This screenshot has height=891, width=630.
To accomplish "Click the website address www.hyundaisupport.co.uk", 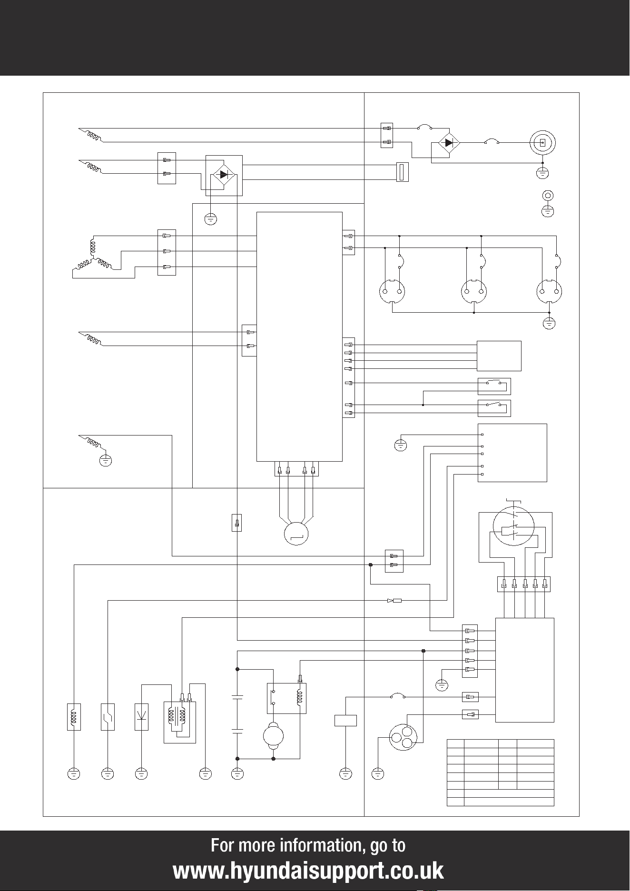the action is click(308, 871).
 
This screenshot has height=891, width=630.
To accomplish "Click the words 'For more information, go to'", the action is click(308, 845).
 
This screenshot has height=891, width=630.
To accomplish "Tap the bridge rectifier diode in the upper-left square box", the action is click(224, 175).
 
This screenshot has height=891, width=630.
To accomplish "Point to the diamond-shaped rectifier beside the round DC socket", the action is click(449, 142).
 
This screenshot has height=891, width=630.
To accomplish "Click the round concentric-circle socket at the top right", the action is click(542, 142).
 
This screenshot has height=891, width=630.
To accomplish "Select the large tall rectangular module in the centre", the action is click(299, 337).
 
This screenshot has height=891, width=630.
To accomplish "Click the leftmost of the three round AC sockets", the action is click(392, 291).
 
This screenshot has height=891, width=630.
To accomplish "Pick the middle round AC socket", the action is click(474, 291).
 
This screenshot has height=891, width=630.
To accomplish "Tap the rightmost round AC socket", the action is click(550, 291).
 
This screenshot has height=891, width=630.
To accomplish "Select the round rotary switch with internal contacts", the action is click(514, 528).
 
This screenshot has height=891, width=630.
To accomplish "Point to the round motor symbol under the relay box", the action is click(273, 736).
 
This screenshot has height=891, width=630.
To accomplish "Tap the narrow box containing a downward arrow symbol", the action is click(141, 717).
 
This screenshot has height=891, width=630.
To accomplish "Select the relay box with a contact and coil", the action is click(286, 698).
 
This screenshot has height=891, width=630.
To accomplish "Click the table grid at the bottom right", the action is click(501, 772).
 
